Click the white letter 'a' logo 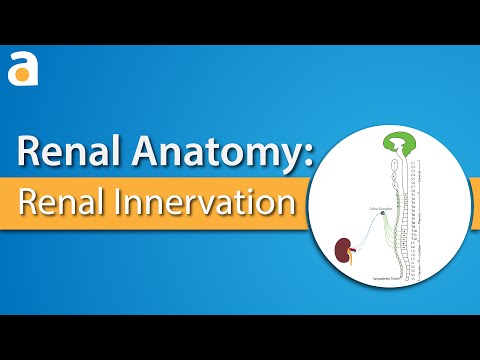point(21,71)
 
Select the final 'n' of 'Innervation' point(287,203)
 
